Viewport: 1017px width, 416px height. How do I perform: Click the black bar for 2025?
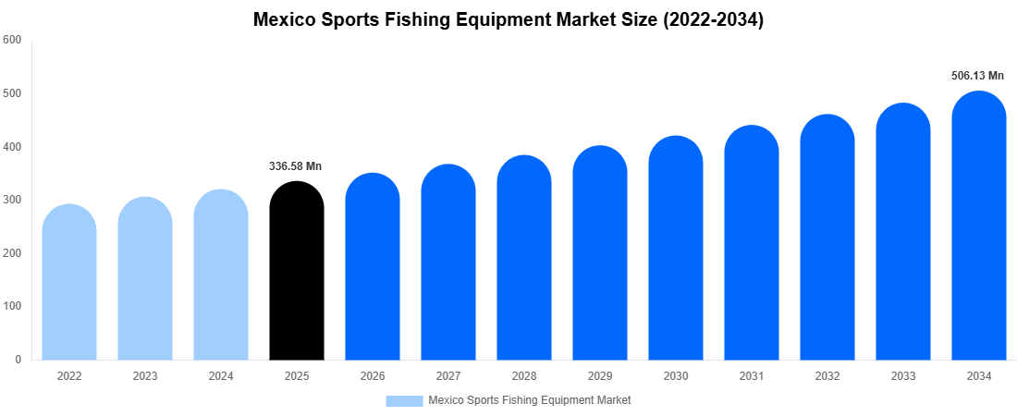297,273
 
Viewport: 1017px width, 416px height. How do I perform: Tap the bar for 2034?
978,227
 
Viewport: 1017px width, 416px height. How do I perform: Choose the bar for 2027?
448,263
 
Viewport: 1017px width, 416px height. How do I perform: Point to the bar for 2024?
221,276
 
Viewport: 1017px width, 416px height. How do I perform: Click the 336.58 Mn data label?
296,166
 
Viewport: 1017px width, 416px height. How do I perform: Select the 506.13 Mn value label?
977,76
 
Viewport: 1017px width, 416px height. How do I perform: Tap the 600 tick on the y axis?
12,40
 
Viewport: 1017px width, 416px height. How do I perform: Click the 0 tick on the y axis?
18,360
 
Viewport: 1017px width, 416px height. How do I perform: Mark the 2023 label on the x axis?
145,376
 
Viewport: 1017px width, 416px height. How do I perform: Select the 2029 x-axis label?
600,376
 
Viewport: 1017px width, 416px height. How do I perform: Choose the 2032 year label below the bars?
827,376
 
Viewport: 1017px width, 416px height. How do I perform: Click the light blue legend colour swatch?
404,400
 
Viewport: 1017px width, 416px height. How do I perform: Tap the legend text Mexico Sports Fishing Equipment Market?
530,400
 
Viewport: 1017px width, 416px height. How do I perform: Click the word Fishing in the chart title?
435,20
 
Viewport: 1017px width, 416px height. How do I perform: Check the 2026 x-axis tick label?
373,376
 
